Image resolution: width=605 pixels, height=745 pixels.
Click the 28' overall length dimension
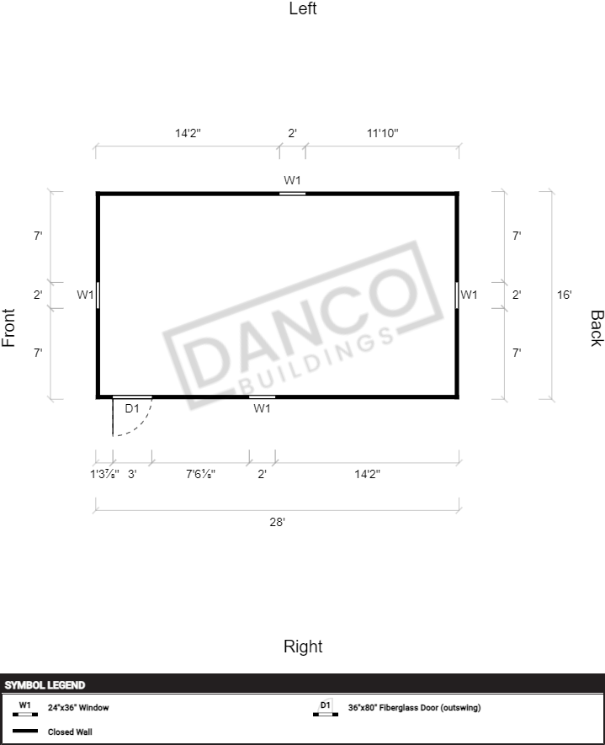point(278,522)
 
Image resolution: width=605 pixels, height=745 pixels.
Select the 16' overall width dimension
point(564,295)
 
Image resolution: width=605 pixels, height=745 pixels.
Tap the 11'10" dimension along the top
point(382,133)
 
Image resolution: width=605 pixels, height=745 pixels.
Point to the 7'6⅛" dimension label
point(200,474)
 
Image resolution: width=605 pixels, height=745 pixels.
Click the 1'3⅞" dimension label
point(104,474)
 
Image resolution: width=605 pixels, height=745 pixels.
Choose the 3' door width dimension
point(132,474)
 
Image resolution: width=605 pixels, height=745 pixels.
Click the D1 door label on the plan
point(132,408)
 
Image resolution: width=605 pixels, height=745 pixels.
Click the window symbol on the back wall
point(457,295)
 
